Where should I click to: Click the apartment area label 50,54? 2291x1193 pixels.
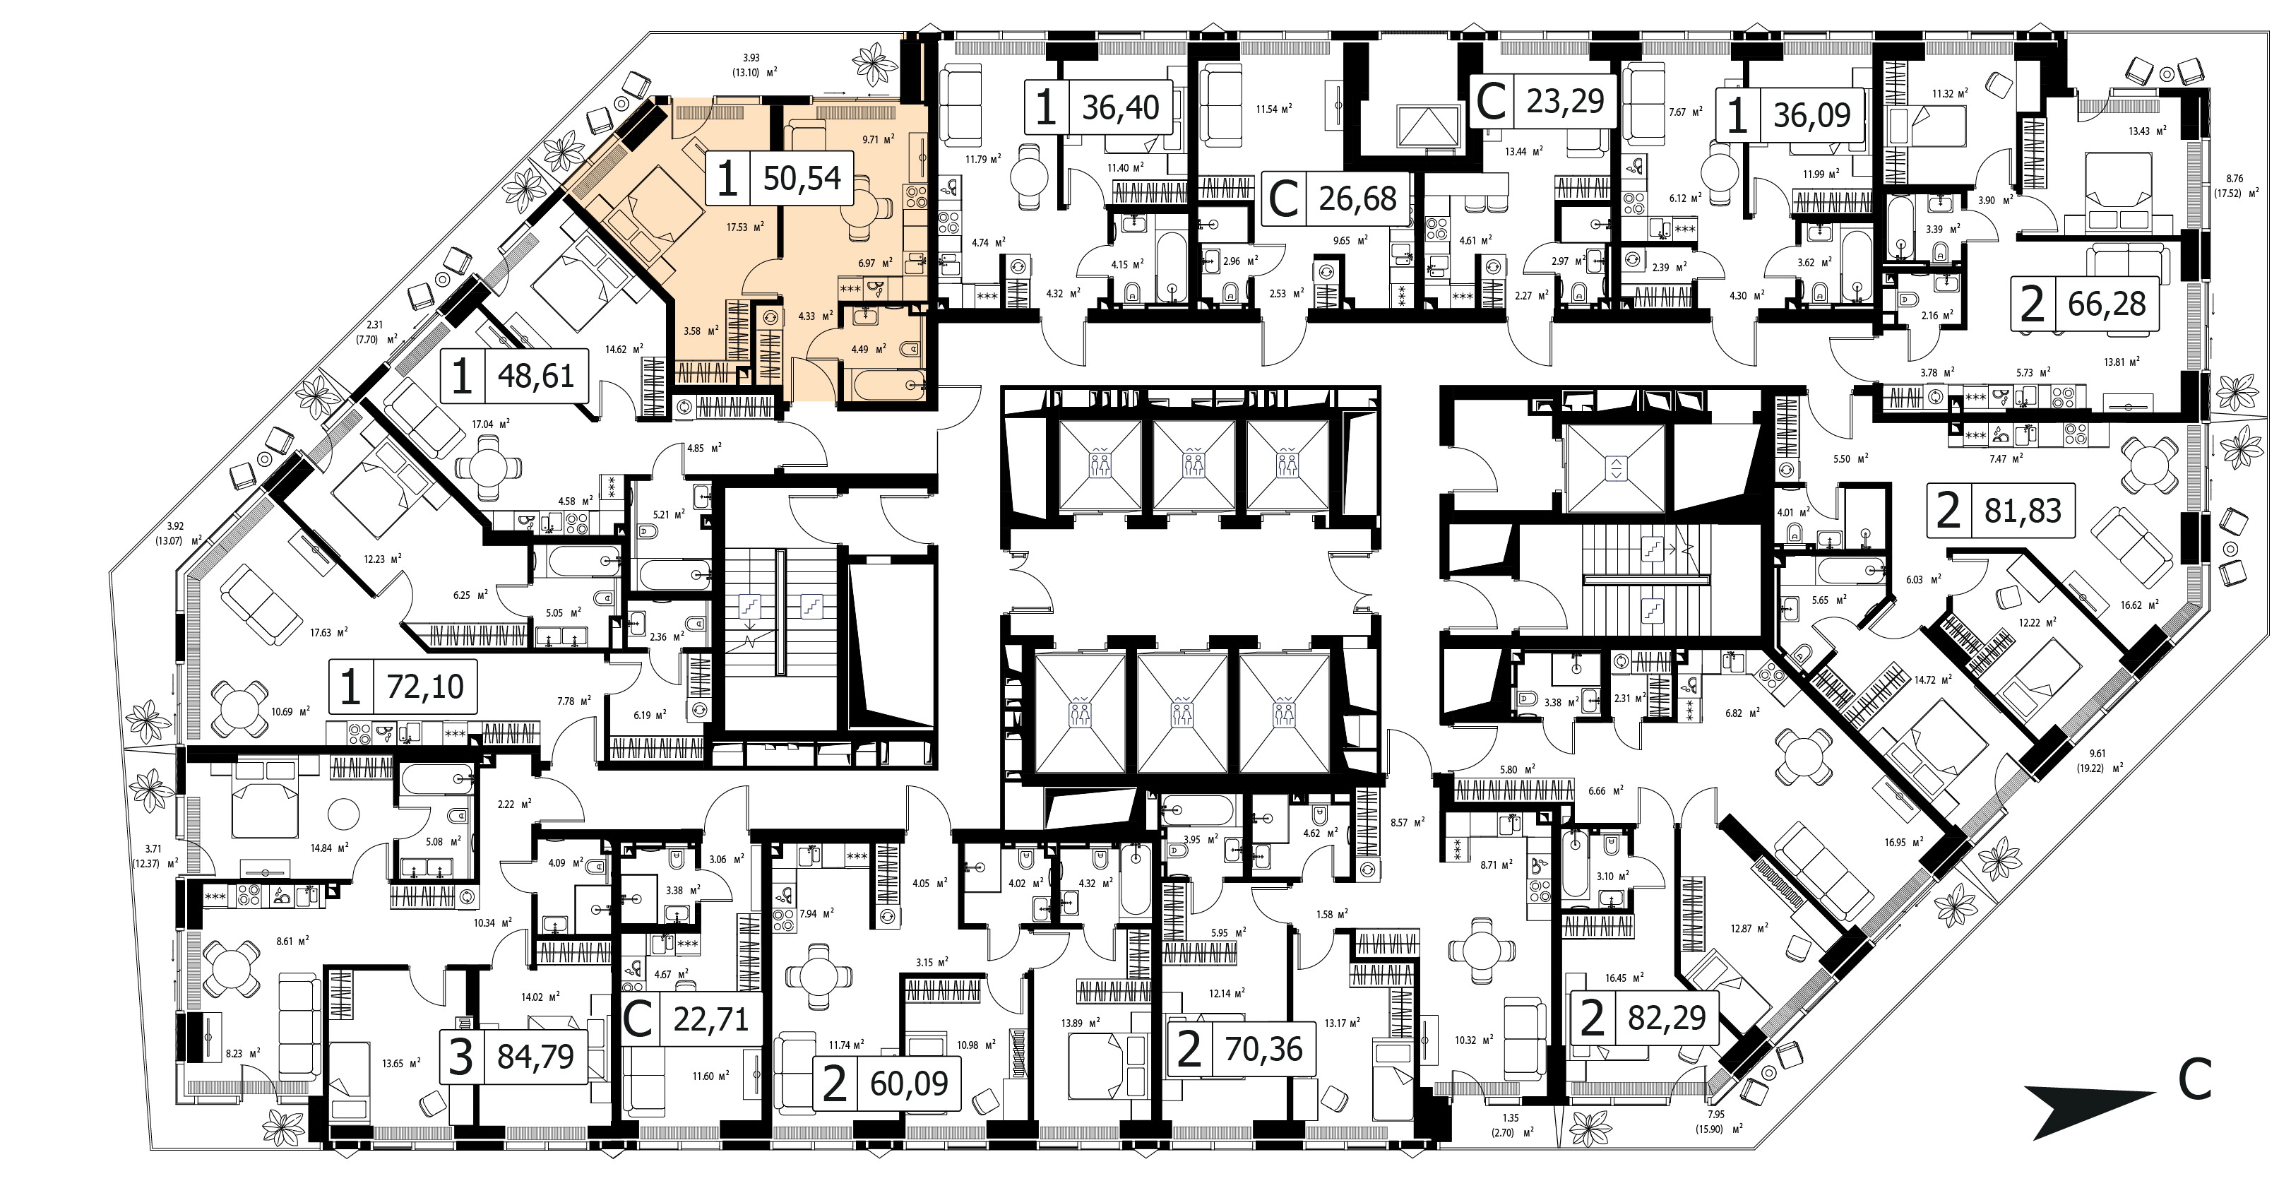point(802,179)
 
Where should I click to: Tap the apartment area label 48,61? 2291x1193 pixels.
point(535,376)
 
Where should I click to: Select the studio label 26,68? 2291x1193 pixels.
point(1357,199)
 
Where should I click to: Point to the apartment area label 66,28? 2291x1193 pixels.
point(2107,304)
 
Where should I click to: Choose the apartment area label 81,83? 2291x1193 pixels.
point(2023,511)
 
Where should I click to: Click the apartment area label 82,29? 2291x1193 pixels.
point(1667,1018)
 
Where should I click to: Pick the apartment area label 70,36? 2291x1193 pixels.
point(1263,1050)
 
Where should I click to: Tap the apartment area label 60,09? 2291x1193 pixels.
point(909,1084)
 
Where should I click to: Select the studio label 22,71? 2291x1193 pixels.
point(710,1019)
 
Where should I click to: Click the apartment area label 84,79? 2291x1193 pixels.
point(535,1057)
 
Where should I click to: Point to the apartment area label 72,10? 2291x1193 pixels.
point(425,687)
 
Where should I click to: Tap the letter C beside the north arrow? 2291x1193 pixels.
point(2195,1080)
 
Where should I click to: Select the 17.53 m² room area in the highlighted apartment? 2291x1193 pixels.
point(745,227)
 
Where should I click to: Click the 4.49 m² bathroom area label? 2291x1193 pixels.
point(868,350)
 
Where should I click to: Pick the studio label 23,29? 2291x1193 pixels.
point(1565,102)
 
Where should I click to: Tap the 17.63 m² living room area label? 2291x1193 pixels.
point(328,633)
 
